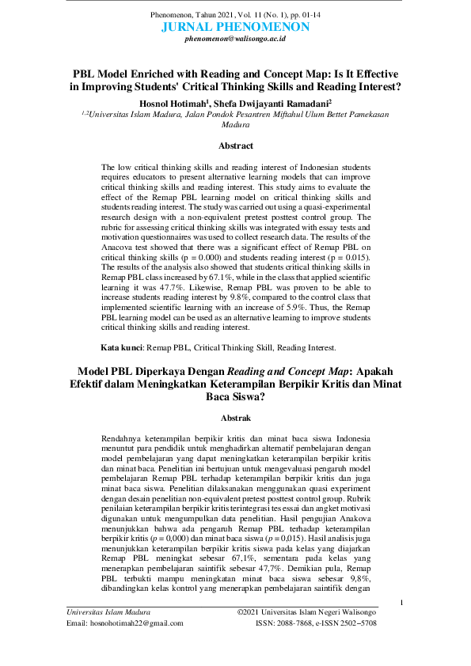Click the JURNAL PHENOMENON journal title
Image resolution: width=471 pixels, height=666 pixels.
[235, 27]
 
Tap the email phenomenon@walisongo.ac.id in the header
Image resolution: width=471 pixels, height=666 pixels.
[235, 38]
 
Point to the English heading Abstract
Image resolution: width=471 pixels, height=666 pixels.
[236, 146]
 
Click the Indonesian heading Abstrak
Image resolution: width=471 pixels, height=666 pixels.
[235, 417]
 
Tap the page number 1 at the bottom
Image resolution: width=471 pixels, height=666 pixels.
[402, 604]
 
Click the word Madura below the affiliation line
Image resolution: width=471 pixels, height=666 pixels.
[235, 124]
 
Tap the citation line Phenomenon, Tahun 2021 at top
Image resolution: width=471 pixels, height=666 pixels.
[235, 16]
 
